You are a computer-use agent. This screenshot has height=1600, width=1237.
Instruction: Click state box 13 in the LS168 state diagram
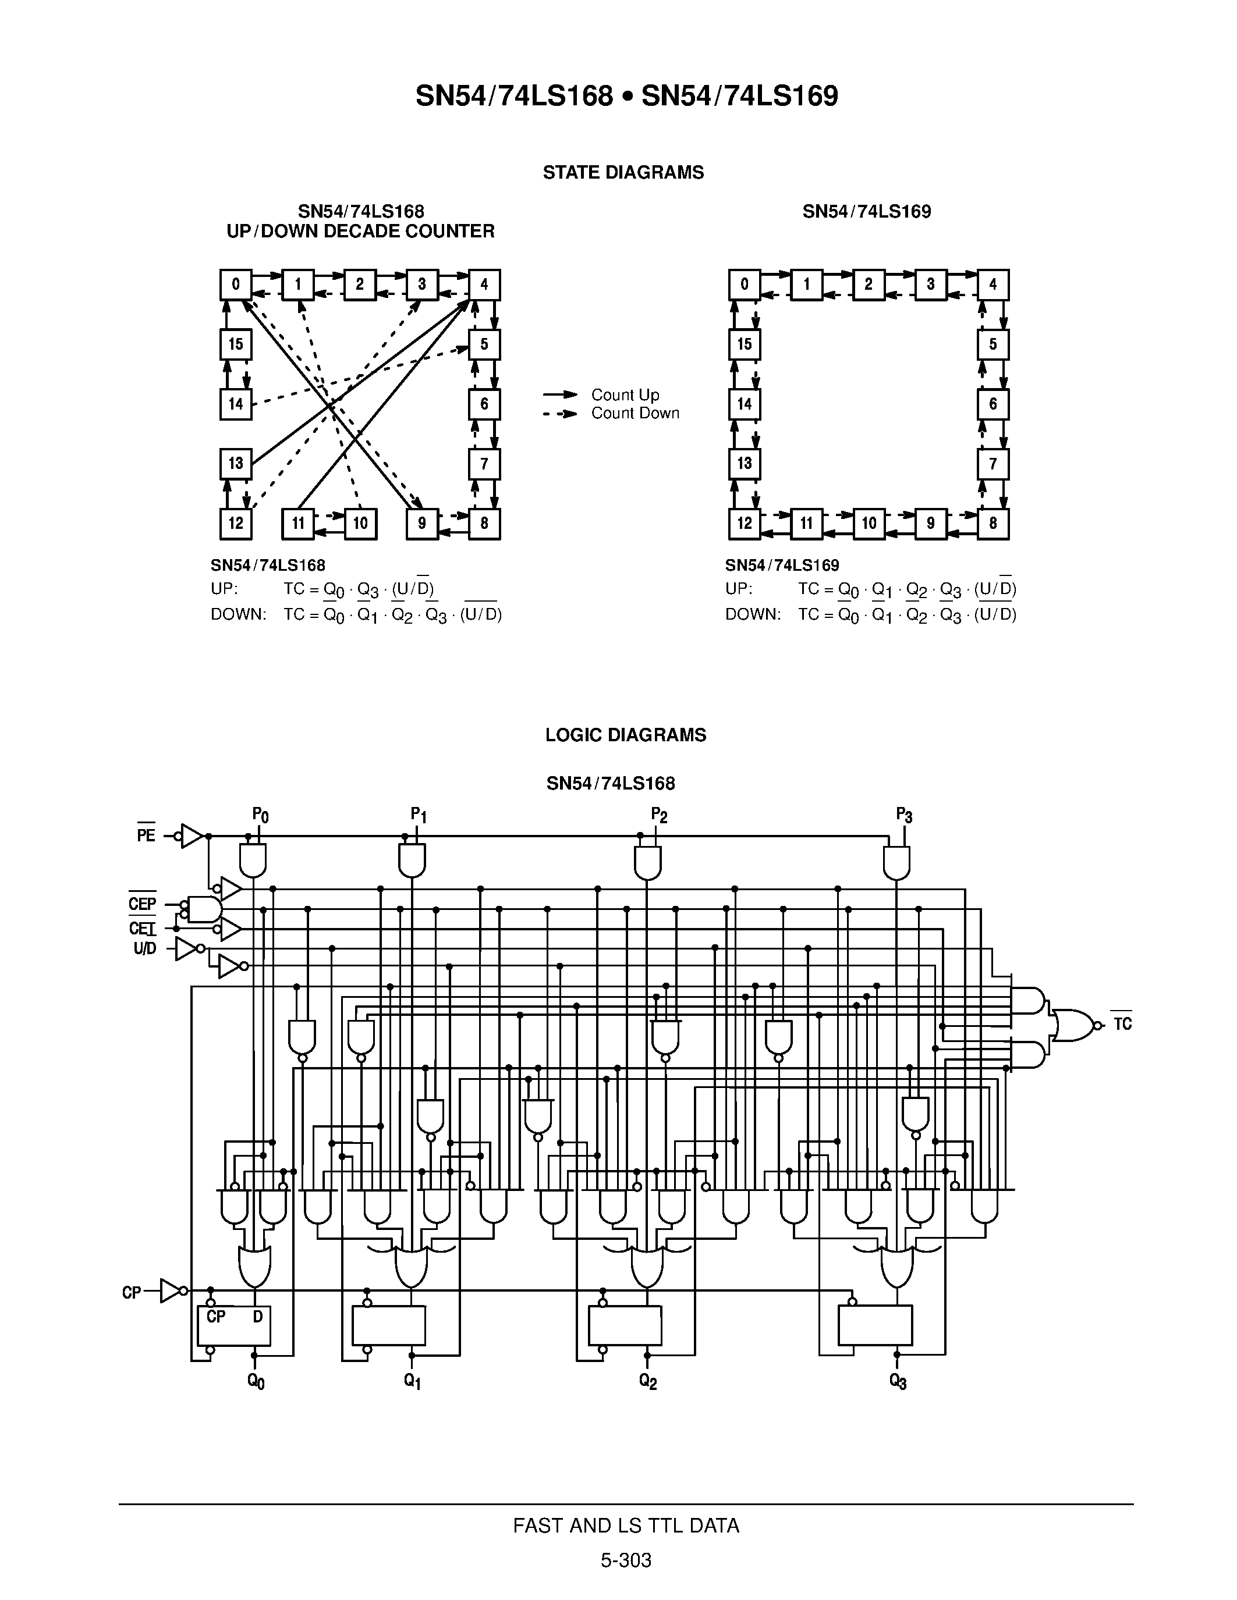[235, 463]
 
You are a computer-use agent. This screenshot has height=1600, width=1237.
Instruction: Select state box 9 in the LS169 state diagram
[931, 524]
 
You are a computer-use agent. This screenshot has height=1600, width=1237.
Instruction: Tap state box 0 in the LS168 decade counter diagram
[235, 285]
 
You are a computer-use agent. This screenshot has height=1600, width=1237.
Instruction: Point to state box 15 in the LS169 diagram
[745, 344]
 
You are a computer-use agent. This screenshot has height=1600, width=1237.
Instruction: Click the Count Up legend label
[625, 395]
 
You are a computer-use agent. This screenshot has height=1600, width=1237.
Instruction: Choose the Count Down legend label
[635, 413]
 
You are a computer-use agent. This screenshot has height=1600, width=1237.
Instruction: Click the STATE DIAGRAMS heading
[623, 172]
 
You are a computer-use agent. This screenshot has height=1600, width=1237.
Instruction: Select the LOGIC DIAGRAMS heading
[625, 735]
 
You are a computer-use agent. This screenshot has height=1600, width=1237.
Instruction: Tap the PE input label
[146, 835]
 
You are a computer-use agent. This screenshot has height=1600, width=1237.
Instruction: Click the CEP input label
[142, 904]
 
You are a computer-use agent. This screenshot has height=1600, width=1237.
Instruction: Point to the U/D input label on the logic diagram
[144, 950]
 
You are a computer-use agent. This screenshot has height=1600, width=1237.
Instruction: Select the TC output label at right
[1122, 1024]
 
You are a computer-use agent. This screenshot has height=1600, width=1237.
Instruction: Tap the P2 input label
[659, 815]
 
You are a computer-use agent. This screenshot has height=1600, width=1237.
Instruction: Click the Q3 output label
[898, 1381]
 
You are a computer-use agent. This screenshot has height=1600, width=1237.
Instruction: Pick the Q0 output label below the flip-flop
[256, 1382]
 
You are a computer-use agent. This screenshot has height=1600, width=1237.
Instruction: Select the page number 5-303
[626, 1560]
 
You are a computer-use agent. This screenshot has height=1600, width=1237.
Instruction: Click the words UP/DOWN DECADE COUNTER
[360, 232]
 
